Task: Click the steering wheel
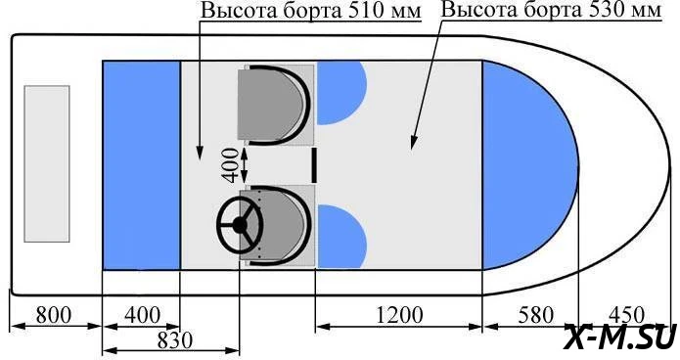point(240,225)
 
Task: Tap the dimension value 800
point(54,314)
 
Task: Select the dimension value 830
point(174,340)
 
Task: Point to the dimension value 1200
point(398,314)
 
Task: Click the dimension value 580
point(536,314)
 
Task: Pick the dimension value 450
point(626,314)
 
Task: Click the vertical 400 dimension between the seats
point(230,165)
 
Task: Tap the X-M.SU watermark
point(620,337)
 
